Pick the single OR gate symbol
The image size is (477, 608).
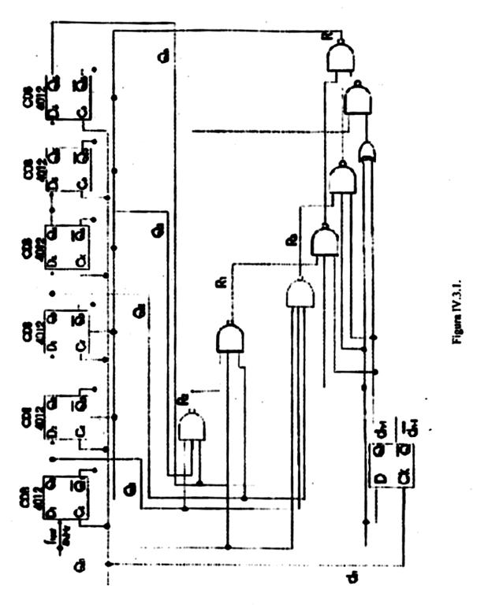tap(367, 151)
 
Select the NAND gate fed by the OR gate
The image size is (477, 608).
tap(357, 100)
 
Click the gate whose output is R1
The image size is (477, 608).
tap(229, 338)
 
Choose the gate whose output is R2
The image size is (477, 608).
tap(300, 295)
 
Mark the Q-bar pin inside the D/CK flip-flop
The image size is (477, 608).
tap(404, 450)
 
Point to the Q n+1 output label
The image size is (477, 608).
tap(381, 430)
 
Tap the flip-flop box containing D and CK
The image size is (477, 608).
tap(392, 465)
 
